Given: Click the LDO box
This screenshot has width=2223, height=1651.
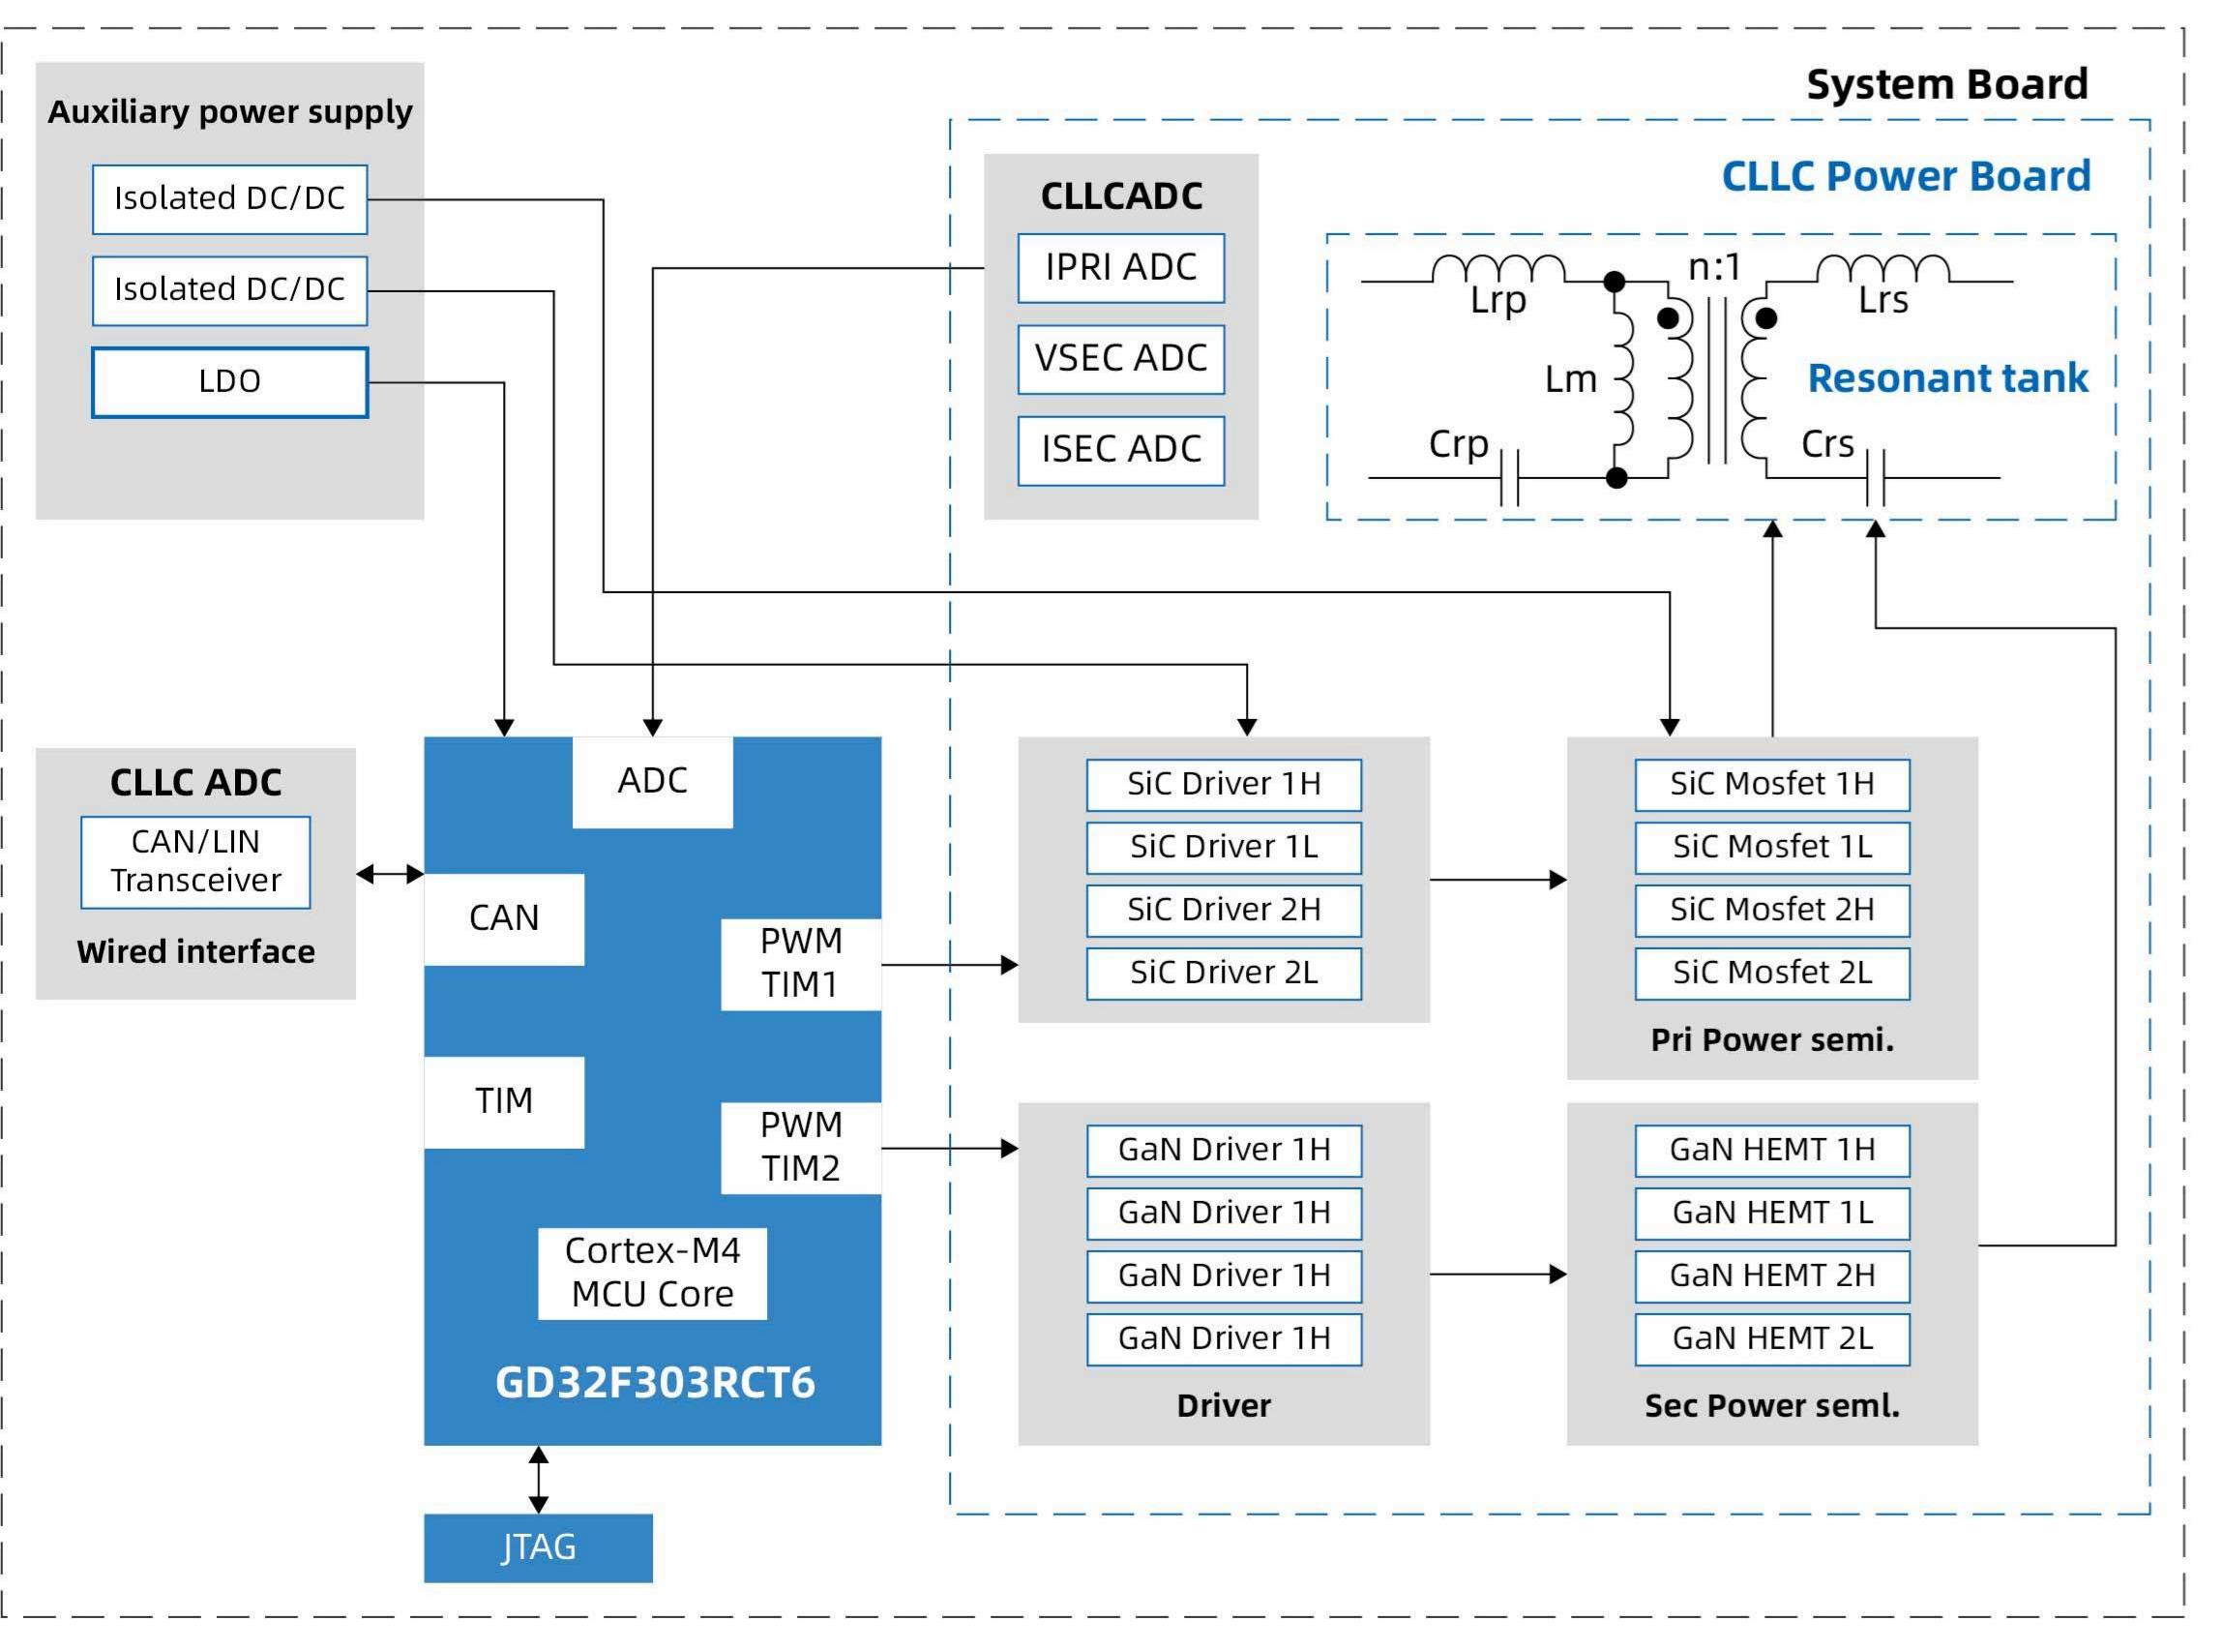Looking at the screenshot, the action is pyautogui.click(x=230, y=381).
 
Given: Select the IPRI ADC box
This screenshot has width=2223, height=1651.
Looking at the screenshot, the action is pyautogui.click(x=1121, y=268).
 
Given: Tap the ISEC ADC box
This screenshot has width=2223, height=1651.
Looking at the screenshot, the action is pyautogui.click(x=1121, y=451).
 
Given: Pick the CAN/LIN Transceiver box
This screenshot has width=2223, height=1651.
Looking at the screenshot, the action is pyautogui.click(x=195, y=862).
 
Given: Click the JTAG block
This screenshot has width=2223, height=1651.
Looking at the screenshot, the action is pyautogui.click(x=539, y=1548).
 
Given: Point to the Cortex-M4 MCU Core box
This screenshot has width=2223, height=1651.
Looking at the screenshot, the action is pyautogui.click(x=652, y=1274).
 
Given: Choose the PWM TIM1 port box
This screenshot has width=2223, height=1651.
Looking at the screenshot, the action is pyautogui.click(x=801, y=965).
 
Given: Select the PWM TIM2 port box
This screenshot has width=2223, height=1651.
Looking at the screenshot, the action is pyautogui.click(x=801, y=1148).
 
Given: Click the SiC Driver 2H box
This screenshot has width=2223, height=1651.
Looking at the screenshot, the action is pyautogui.click(x=1224, y=911).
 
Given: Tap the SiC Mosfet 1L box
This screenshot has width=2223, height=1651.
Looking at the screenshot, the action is pyautogui.click(x=1772, y=848).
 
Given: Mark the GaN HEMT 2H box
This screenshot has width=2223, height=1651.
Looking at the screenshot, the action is pyautogui.click(x=1772, y=1276).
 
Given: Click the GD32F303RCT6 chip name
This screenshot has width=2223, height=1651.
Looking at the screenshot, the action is pyautogui.click(x=656, y=1383).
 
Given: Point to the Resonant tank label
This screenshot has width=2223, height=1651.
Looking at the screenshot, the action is pyautogui.click(x=1948, y=377).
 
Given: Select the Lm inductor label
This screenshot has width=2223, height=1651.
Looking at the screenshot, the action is pyautogui.click(x=1571, y=379).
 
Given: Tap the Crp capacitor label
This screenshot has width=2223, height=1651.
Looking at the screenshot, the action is pyautogui.click(x=1459, y=445).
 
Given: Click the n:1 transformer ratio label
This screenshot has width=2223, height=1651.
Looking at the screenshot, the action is pyautogui.click(x=1714, y=267).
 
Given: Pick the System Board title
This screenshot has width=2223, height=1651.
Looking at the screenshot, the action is pyautogui.click(x=1947, y=85).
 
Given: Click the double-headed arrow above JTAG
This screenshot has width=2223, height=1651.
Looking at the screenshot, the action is pyautogui.click(x=539, y=1480).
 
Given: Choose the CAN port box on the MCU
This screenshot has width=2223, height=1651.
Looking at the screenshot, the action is pyautogui.click(x=505, y=919).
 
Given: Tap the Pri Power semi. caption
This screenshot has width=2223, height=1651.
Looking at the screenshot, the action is pyautogui.click(x=1772, y=1040).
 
